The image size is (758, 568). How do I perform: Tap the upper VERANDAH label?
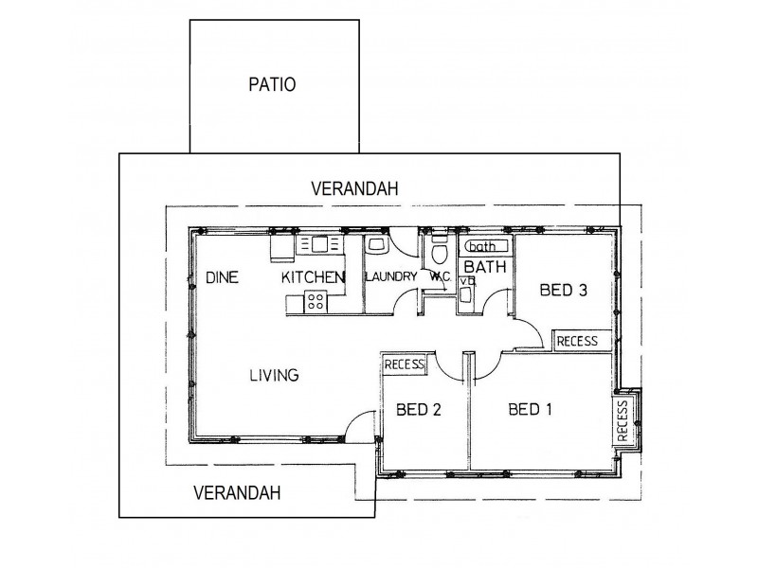click(x=354, y=189)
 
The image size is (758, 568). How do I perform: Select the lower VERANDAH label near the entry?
click(x=237, y=492)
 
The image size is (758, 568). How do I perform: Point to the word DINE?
click(x=221, y=277)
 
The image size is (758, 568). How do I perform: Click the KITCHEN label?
click(x=311, y=277)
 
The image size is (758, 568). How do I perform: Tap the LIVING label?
click(x=274, y=376)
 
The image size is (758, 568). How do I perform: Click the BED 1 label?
click(x=531, y=410)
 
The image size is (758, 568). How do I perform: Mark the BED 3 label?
click(x=563, y=291)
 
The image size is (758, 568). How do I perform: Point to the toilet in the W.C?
click(x=439, y=254)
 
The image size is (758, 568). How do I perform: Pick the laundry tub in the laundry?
click(x=375, y=245)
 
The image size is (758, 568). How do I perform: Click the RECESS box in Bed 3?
click(x=577, y=341)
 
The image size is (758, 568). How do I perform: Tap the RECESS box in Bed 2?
click(x=405, y=364)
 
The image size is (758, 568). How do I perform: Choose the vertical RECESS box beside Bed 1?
click(x=623, y=420)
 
